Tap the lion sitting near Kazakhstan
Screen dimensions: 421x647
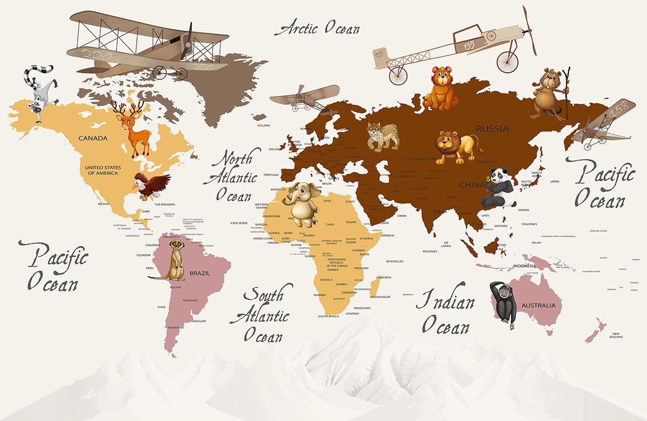pyautogui.click(x=456, y=146)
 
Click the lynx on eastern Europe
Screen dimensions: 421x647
pyautogui.click(x=383, y=135)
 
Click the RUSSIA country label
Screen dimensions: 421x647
pyautogui.click(x=492, y=129)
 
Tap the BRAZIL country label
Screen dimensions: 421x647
pyautogui.click(x=199, y=273)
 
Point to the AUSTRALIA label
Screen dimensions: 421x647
pyautogui.click(x=538, y=305)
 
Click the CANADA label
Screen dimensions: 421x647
pyautogui.click(x=93, y=138)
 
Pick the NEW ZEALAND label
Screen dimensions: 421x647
pyautogui.click(x=617, y=335)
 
